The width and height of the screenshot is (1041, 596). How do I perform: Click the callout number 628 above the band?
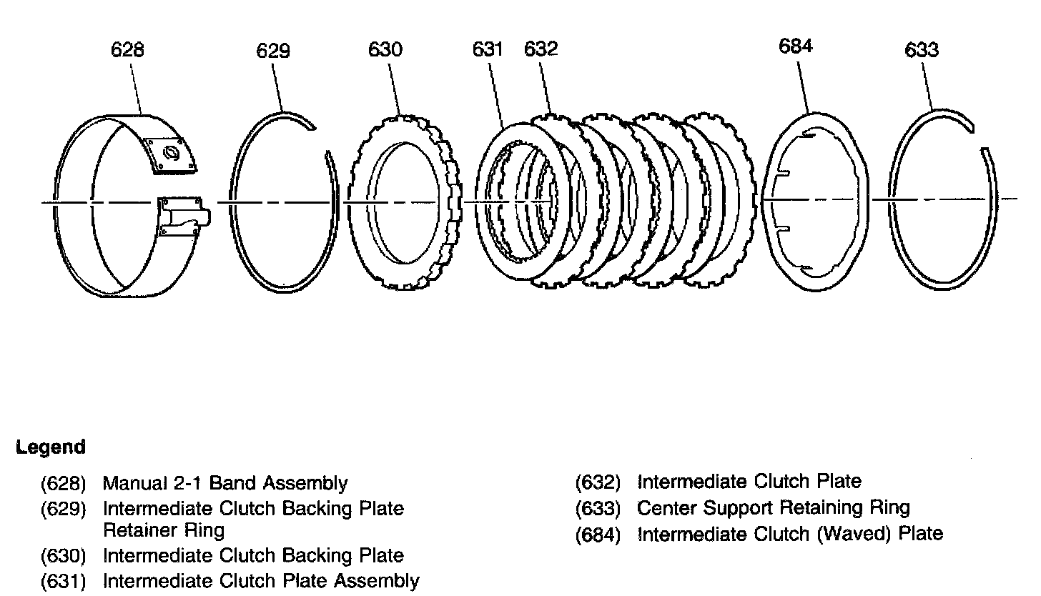pos(127,50)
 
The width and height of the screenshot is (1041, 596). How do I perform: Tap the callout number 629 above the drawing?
pos(273,51)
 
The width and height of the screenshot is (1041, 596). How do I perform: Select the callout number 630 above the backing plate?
pos(385,50)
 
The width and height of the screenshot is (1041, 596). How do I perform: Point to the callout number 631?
pos(488,50)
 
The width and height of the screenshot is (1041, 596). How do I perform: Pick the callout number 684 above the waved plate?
pos(796,46)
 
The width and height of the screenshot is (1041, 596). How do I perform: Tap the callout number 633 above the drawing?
pos(922,50)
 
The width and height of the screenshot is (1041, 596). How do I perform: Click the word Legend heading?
pos(50,447)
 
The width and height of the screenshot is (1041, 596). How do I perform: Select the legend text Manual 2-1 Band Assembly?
pos(225,484)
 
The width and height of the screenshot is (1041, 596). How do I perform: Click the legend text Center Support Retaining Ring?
pos(773,508)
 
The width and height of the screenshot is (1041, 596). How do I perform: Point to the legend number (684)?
pos(598,535)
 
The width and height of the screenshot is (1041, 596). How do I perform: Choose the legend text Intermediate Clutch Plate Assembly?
pos(261,580)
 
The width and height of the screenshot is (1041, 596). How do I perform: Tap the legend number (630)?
pos(64,556)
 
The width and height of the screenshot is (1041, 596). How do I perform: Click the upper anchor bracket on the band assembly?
pos(171,154)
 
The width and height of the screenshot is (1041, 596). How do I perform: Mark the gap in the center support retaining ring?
pos(979,138)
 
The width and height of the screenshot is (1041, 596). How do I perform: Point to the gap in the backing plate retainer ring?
pos(321,139)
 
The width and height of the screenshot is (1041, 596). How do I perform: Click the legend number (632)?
pos(598,482)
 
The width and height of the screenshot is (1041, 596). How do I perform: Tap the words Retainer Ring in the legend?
pos(164,530)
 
